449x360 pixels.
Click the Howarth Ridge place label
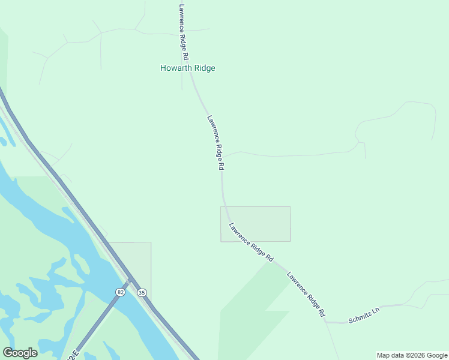click(187, 68)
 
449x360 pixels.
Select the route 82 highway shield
click(121, 292)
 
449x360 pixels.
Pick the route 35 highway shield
click(142, 293)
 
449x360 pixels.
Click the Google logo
click(20, 352)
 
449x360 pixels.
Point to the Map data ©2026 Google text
click(412, 355)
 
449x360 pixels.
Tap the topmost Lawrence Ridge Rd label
click(184, 32)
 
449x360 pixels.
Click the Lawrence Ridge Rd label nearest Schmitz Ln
click(306, 294)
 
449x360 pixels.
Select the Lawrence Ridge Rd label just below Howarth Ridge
click(215, 142)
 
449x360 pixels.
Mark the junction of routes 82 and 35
click(130, 280)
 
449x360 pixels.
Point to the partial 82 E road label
click(73, 355)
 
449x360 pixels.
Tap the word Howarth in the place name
click(175, 68)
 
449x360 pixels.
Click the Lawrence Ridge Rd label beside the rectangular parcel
click(251, 242)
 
